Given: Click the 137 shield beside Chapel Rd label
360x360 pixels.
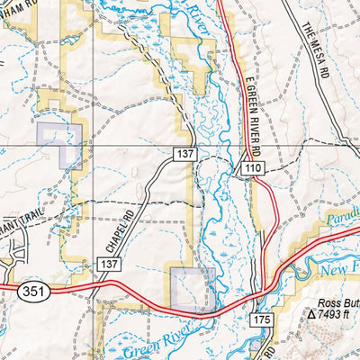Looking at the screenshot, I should click(x=109, y=263).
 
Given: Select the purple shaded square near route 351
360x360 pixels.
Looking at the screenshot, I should click(x=192, y=288).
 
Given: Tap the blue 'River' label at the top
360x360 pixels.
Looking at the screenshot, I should click(x=194, y=19).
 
